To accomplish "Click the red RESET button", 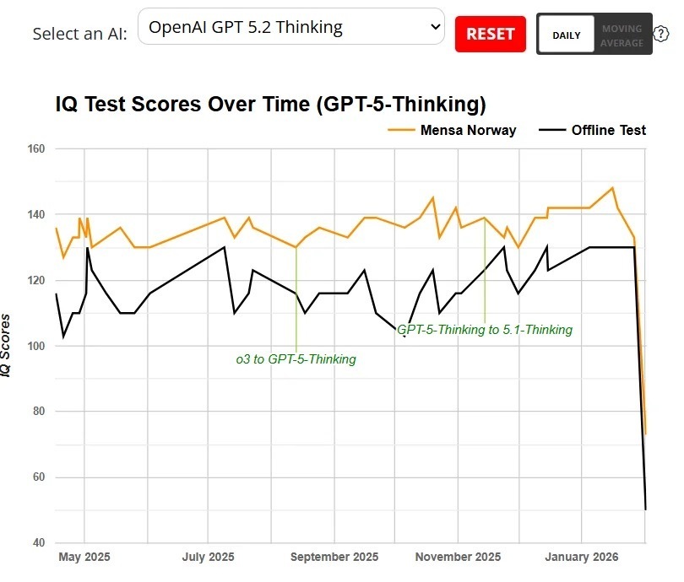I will coord(490,34).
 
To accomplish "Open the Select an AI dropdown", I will coord(290,27).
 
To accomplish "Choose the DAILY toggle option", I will coord(566,35).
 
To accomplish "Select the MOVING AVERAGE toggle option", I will coord(622,35).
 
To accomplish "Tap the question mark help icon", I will coord(661,35).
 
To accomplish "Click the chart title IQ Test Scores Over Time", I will coord(270,105).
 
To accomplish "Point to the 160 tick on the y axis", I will coord(37,149).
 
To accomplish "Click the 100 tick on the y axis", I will coord(37,346).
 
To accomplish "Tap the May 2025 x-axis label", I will coord(84,558).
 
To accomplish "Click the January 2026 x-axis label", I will coord(582,558).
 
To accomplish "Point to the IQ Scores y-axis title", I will coord(7,346).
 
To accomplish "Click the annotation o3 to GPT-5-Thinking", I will coord(296,359).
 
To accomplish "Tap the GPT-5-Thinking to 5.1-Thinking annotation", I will coord(485,330).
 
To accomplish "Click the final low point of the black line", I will coord(645,509).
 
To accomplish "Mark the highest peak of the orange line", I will coord(612,188).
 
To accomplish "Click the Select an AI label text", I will coord(79,35).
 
